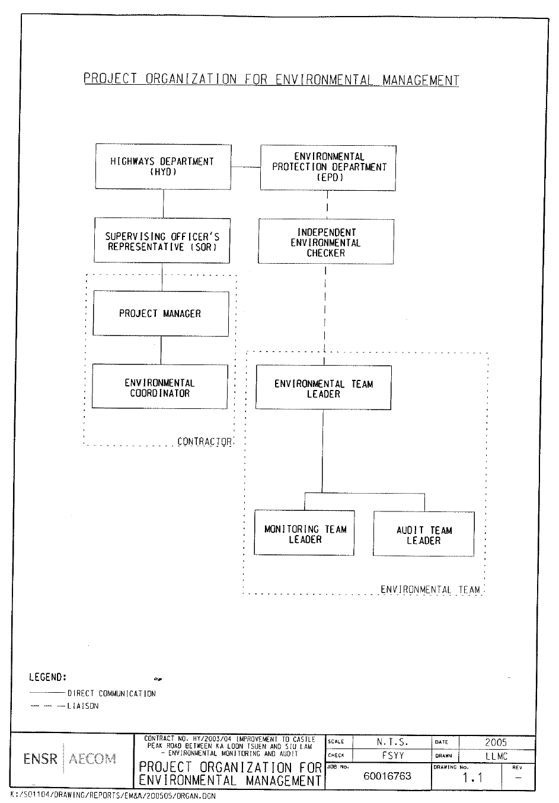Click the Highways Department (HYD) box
click(x=162, y=167)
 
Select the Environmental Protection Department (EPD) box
click(x=328, y=167)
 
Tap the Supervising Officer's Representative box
click(x=162, y=241)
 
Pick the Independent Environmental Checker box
click(x=325, y=242)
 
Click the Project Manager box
click(x=160, y=313)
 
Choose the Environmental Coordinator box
click(x=159, y=387)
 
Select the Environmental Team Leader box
click(x=323, y=388)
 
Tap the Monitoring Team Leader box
click(x=305, y=533)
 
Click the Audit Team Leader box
click(x=423, y=535)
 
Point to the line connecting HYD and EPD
click(x=246, y=168)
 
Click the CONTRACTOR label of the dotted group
click(x=205, y=442)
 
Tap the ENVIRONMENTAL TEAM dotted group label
click(x=430, y=590)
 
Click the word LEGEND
click(x=47, y=677)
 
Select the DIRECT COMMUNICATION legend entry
click(x=111, y=693)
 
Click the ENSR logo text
click(x=40, y=759)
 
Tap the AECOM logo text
click(x=92, y=759)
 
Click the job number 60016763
click(x=387, y=776)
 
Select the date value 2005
click(x=496, y=742)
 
